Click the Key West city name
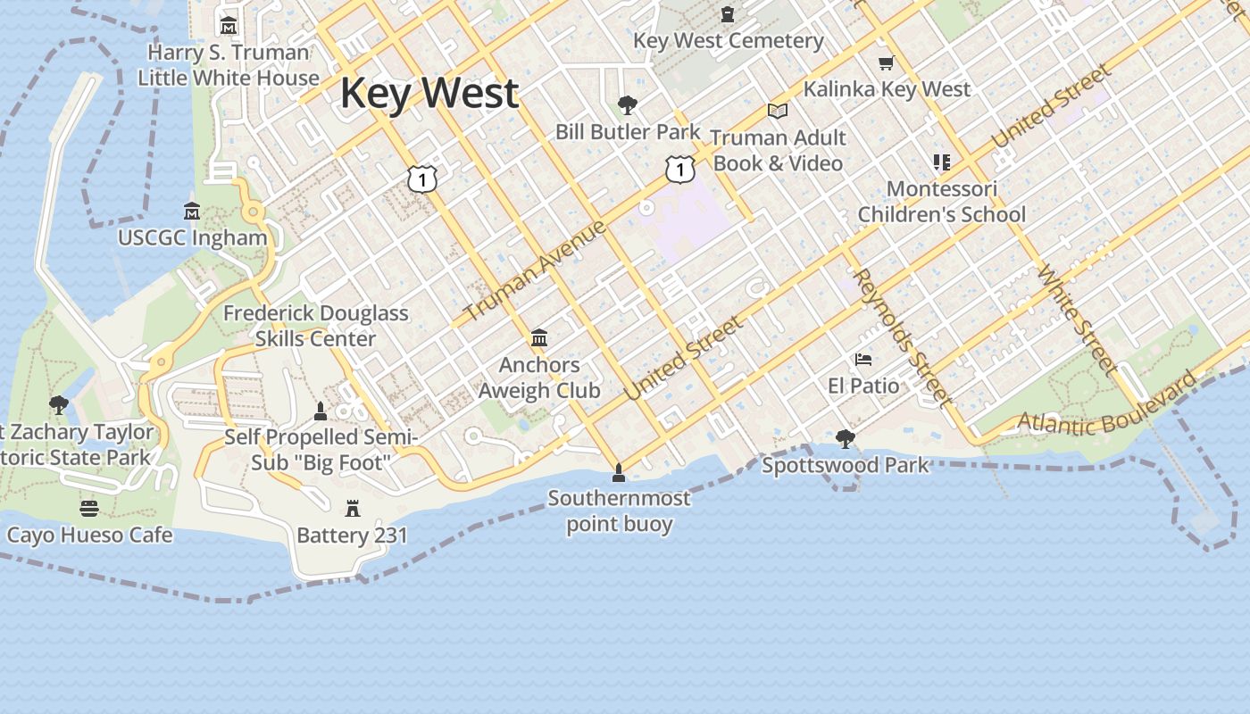pyautogui.click(x=429, y=94)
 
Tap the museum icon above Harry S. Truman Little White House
pyautogui.click(x=229, y=25)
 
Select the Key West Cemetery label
pyautogui.click(x=728, y=40)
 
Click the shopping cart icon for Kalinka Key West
pyautogui.click(x=886, y=62)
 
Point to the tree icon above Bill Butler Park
pyautogui.click(x=628, y=105)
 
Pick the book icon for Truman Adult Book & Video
pyautogui.click(x=778, y=111)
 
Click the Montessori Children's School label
pyautogui.click(x=941, y=202)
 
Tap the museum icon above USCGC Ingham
pyautogui.click(x=192, y=212)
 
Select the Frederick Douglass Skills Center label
pyautogui.click(x=315, y=326)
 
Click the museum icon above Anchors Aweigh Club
pyautogui.click(x=539, y=338)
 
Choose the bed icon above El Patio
pyautogui.click(x=862, y=360)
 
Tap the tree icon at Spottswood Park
pyautogui.click(x=845, y=438)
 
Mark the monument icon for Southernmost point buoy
pyautogui.click(x=618, y=471)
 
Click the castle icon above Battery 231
pyautogui.click(x=353, y=509)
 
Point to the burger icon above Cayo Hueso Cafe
pyautogui.click(x=88, y=509)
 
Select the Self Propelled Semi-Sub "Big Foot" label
pyautogui.click(x=321, y=450)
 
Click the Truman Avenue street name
pyautogui.click(x=537, y=270)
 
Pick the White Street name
pyautogui.click(x=1076, y=318)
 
